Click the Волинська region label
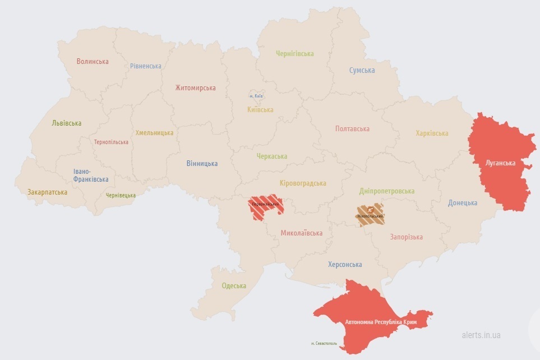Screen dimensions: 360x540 [x=93, y=61]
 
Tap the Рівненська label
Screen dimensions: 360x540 [x=146, y=66]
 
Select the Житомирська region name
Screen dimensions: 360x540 [x=195, y=88]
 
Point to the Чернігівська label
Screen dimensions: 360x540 [x=294, y=54]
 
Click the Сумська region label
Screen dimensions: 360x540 [x=362, y=70]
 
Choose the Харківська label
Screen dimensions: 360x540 [x=432, y=133]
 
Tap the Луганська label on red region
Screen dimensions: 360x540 [x=501, y=163]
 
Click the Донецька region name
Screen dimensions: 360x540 [x=463, y=203]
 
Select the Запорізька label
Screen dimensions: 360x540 [x=406, y=237]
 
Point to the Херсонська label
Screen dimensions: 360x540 [x=345, y=264]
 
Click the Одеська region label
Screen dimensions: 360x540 [x=234, y=286]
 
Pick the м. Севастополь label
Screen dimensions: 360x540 [x=324, y=343]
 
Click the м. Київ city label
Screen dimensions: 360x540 [x=256, y=96]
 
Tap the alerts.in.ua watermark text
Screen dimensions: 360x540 [x=481, y=335]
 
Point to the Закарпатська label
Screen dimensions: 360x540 [x=47, y=192]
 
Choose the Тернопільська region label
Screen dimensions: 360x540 [x=111, y=142]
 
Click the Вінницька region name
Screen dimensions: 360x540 [x=202, y=164]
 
